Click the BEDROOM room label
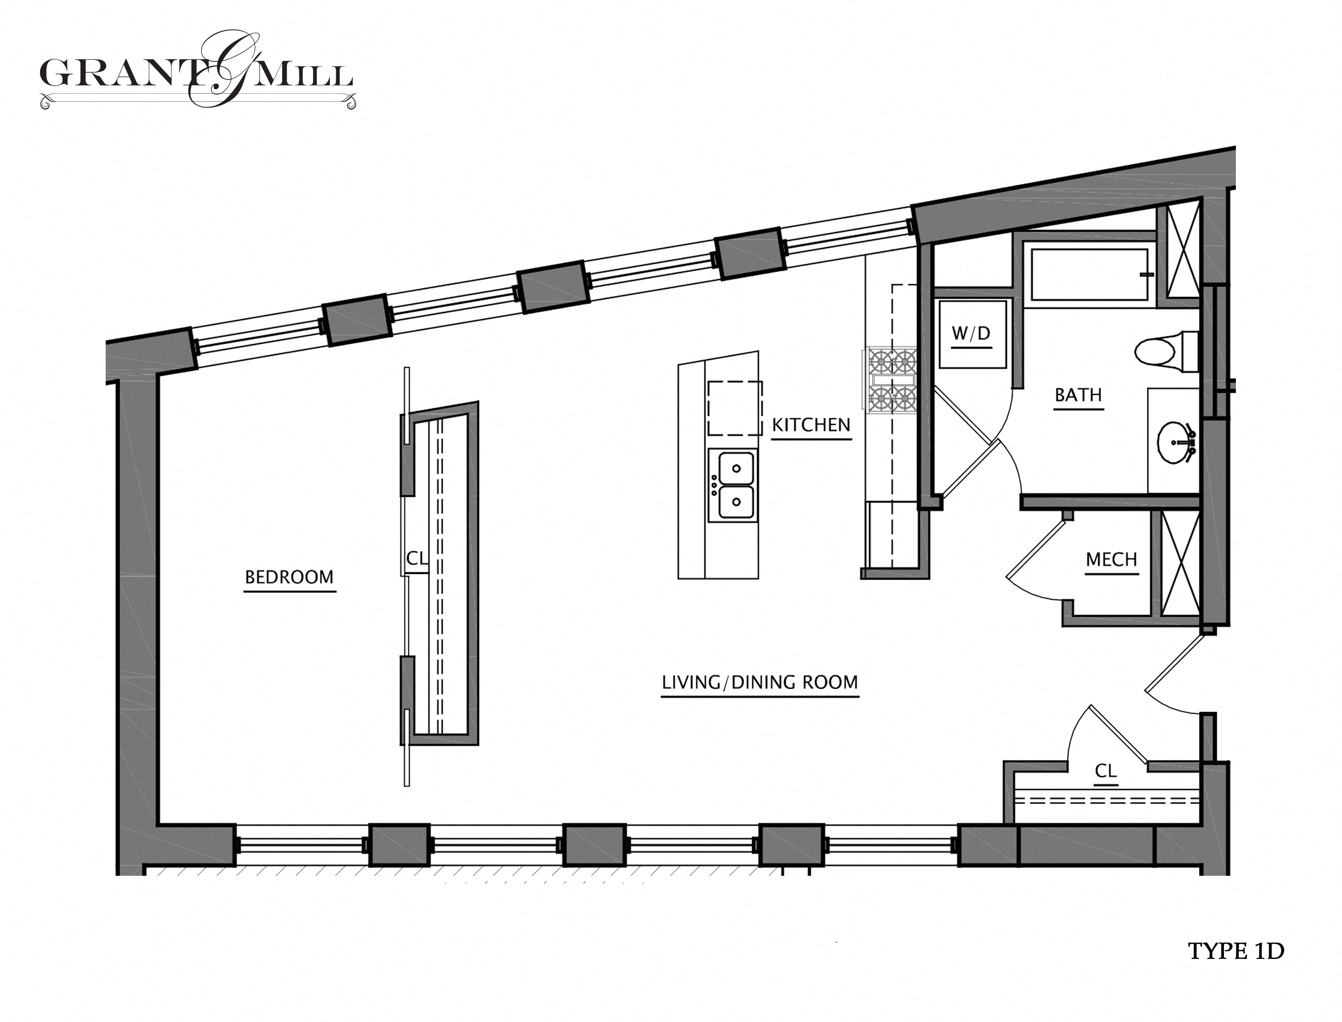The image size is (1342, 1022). pos(289,577)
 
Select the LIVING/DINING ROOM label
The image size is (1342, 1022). pos(759,682)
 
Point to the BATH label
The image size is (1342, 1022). pos(1078,395)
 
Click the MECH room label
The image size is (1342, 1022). pos(1111,560)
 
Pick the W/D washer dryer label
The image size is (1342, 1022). pos(971,334)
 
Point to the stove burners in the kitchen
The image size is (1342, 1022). pos(893,380)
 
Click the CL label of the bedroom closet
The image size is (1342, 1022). pos(416,558)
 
